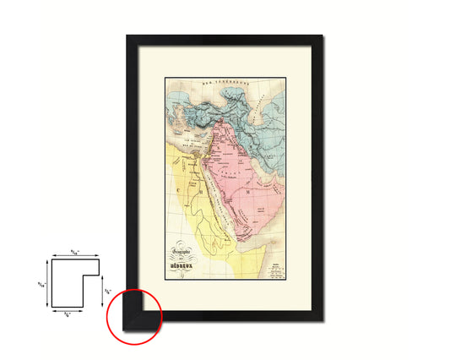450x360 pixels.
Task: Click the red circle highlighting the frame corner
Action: click(x=134, y=316)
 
